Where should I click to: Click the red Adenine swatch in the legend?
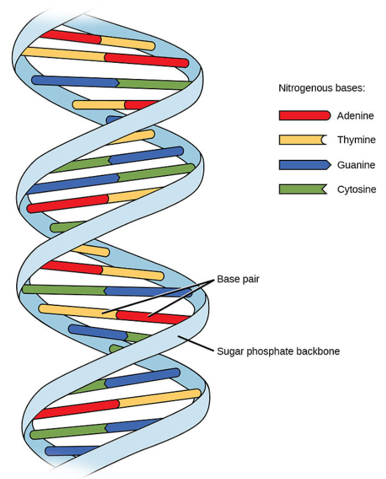click(304, 116)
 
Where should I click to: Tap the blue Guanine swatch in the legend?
click(304, 165)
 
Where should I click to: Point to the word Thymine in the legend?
click(356, 140)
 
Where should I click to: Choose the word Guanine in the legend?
click(355, 165)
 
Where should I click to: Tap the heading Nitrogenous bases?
click(322, 88)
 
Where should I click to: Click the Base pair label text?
click(238, 279)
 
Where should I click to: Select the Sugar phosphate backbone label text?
click(278, 351)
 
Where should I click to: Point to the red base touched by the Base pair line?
click(150, 316)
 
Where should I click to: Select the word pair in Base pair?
click(250, 279)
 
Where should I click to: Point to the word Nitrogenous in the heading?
click(304, 88)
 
